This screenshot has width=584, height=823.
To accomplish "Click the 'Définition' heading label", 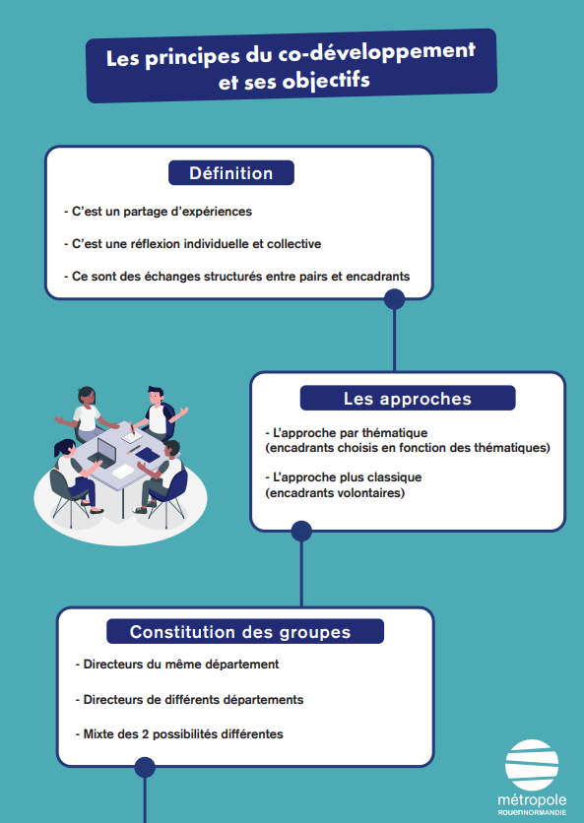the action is (231, 173).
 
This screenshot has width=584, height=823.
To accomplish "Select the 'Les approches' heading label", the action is (408, 399).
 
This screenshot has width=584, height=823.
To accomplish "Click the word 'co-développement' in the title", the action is (376, 53).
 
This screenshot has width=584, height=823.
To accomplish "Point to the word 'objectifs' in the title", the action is (326, 82).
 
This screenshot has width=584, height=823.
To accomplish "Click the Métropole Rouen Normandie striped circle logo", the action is (532, 765).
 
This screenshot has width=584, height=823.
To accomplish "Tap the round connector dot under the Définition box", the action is (394, 299).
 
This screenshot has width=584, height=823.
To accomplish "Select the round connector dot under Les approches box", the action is (301, 532).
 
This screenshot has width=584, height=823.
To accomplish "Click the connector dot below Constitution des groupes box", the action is (145, 767).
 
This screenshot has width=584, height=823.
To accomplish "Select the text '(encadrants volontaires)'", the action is (335, 493).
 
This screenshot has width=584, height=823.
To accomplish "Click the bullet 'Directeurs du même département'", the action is (177, 664).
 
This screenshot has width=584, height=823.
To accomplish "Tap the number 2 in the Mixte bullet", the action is (145, 733).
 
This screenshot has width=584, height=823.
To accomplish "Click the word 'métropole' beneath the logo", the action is (532, 800).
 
